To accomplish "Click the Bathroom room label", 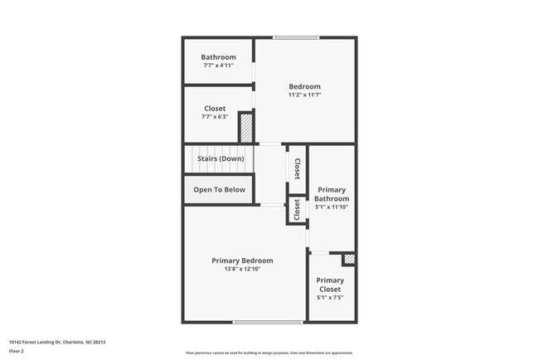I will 218,57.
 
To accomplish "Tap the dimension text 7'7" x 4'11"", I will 218,66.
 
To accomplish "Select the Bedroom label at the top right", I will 304,86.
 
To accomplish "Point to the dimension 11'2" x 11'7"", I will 304,95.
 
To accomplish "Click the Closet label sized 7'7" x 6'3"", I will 215,109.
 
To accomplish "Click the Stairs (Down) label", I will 221,158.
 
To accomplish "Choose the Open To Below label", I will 220,190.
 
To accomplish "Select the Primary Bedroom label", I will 242,260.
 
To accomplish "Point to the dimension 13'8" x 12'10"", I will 242,269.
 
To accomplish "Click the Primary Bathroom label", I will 332,194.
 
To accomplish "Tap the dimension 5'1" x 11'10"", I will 332,207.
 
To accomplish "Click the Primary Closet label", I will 330,285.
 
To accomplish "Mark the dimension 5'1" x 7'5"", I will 330,297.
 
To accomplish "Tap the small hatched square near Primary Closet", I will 349,260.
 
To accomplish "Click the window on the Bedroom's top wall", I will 296,37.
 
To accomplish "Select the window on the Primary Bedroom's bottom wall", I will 267,322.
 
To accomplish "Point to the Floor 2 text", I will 17,351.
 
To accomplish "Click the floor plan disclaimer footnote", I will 269,352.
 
